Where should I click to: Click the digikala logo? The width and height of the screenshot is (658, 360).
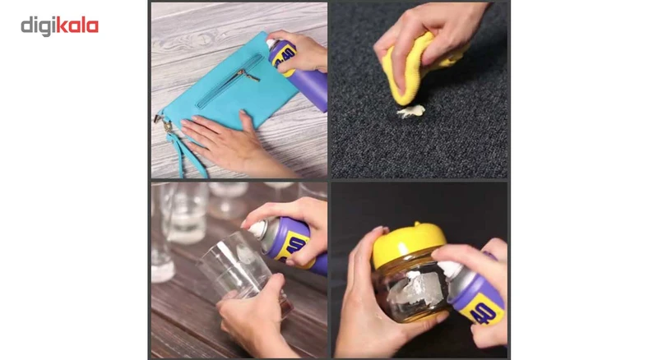(59, 25)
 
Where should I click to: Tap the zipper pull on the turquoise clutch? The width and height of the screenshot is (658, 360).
(248, 76)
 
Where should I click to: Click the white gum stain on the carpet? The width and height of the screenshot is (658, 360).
(411, 110)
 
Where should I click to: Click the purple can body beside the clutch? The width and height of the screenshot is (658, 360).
(308, 86)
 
